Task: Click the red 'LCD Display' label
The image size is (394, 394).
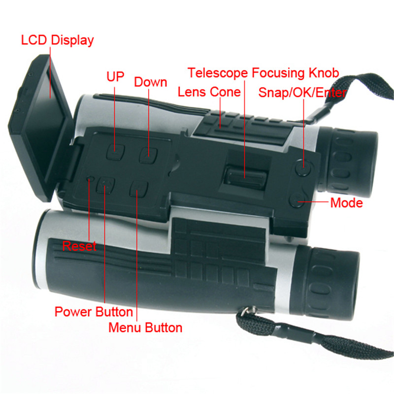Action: tap(57, 40)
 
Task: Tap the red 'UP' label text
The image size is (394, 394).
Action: tap(116, 77)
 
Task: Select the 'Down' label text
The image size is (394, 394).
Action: tap(150, 82)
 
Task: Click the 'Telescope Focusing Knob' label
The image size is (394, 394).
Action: tap(263, 73)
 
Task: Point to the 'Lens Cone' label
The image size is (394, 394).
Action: tap(209, 92)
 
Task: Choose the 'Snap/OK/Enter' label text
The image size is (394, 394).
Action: tap(303, 93)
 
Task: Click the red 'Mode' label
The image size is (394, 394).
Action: tap(346, 202)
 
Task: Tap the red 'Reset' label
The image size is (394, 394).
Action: tap(79, 245)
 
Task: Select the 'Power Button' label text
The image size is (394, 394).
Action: tap(94, 312)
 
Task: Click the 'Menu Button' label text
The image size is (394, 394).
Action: tap(145, 327)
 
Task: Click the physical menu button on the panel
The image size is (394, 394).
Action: tap(138, 189)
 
